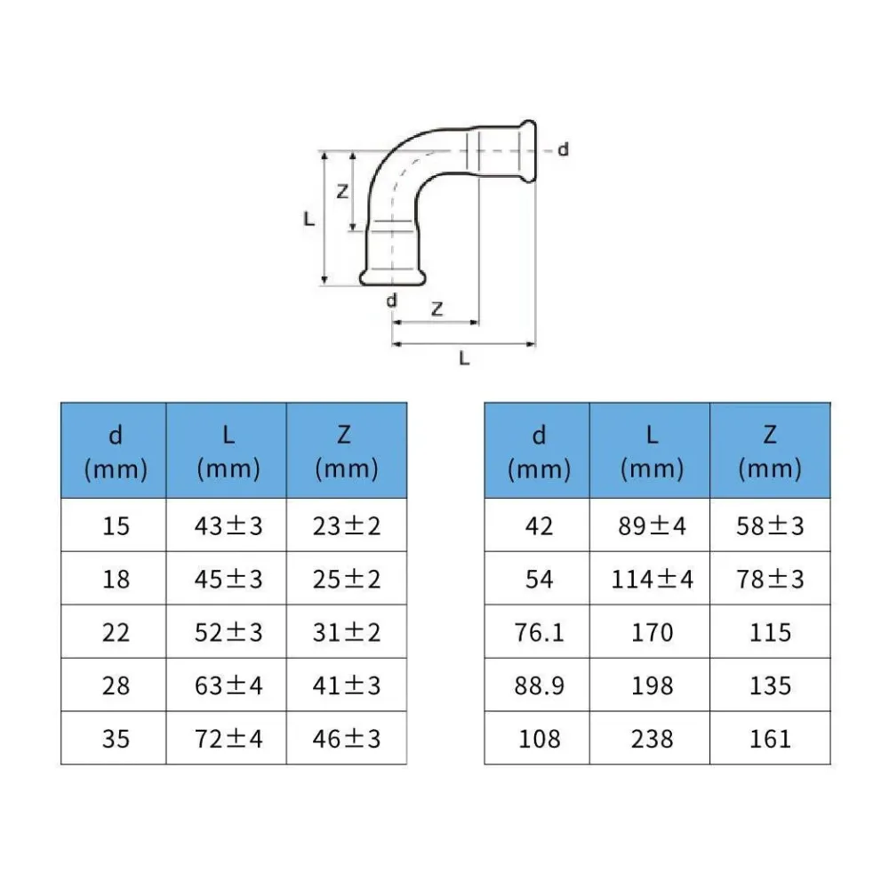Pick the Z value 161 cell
pyautogui.click(x=770, y=738)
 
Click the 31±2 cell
pyautogui.click(x=347, y=631)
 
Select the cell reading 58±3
pyautogui.click(x=770, y=525)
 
